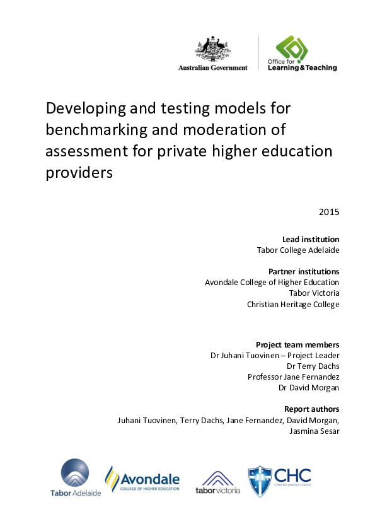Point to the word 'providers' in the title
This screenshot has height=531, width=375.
(79, 173)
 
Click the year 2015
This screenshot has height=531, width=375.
(329, 212)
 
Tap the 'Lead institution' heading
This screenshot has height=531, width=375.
(311, 239)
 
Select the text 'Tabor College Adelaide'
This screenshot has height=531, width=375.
(298, 250)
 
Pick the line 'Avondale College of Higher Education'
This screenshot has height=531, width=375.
(272, 283)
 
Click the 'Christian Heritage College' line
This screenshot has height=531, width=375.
(293, 305)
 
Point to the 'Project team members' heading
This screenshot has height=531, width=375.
(297, 344)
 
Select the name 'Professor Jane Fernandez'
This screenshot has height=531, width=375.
(294, 376)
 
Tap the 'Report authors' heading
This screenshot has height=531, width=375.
(311, 409)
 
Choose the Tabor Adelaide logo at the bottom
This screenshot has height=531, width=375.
(75, 478)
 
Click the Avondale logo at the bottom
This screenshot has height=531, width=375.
(142, 479)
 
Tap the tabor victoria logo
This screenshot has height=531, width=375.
(217, 482)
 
